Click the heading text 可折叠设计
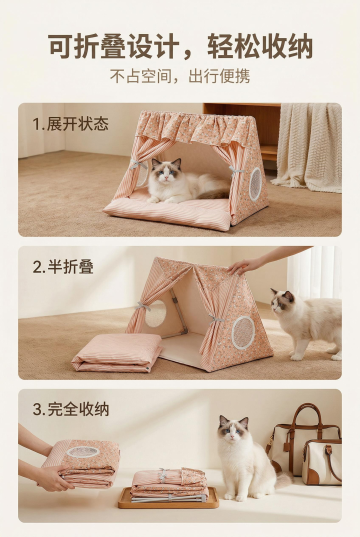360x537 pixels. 114,46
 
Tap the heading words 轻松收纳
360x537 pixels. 260,46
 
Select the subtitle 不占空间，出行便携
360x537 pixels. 180,76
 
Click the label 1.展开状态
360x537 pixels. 71,124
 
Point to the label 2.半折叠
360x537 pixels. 63,267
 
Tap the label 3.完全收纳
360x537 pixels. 71,409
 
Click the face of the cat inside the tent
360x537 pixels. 166,172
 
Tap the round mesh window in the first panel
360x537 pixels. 255,184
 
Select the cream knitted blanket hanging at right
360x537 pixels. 310,147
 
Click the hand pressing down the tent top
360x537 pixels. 246,265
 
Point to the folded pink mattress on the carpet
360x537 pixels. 117,352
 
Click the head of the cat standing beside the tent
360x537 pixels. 283,303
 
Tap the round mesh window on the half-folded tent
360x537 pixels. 243,332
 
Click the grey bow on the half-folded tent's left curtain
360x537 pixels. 144,306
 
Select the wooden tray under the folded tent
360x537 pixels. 169,498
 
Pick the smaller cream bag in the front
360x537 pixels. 322,462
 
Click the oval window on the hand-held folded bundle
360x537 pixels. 83,452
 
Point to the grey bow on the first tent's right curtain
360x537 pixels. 236,171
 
